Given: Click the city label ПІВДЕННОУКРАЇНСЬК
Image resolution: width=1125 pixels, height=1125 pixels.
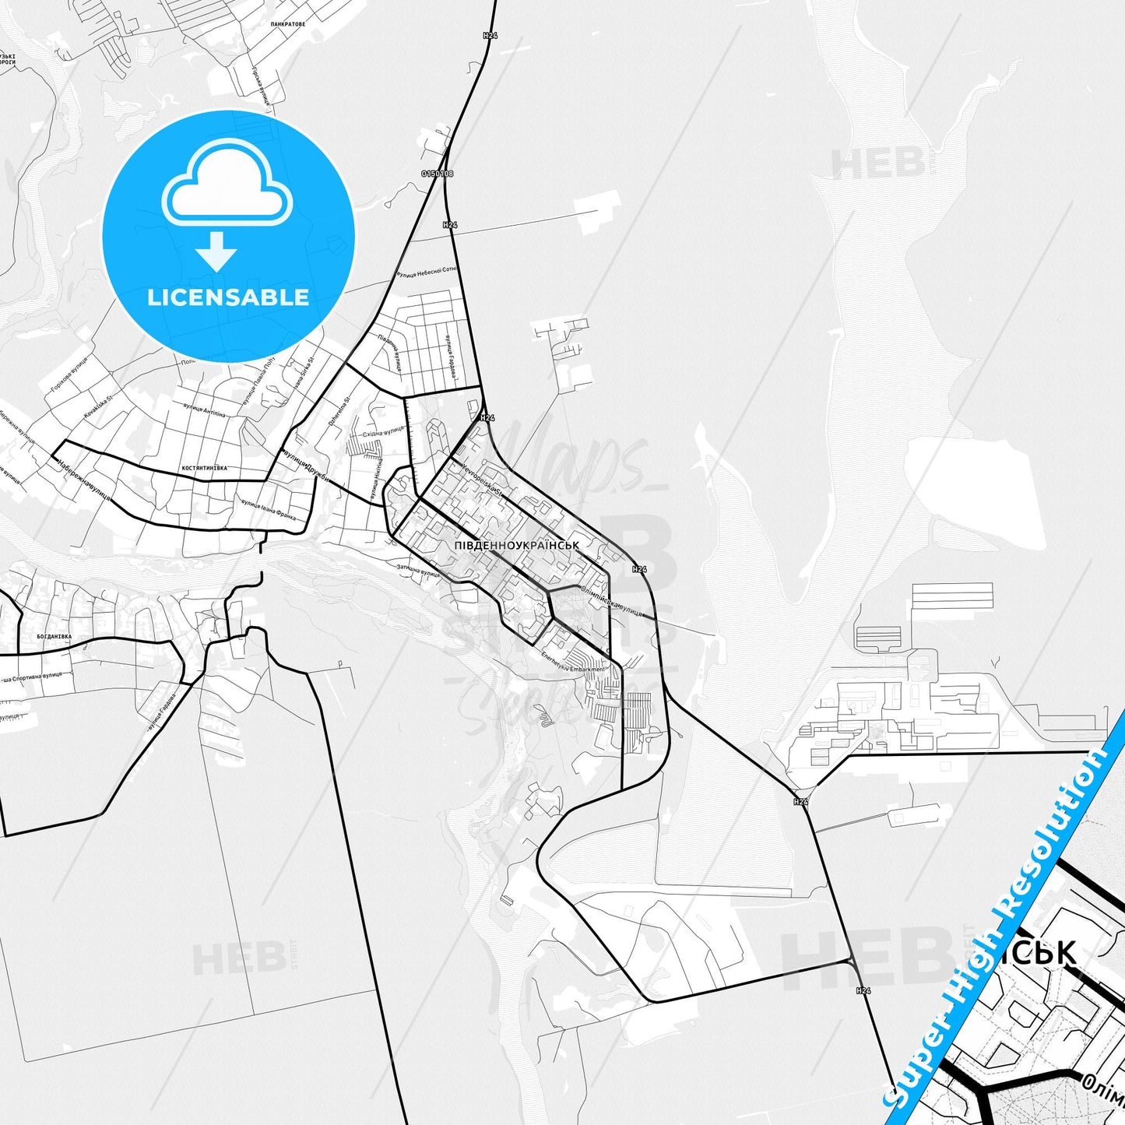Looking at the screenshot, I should tap(516, 546).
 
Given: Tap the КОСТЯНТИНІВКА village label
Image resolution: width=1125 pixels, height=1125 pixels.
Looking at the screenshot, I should tap(204, 468).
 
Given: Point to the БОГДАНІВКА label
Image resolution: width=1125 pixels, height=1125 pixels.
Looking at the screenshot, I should tap(54, 636).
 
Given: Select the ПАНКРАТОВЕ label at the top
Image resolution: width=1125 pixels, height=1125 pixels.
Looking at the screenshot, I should tap(288, 24).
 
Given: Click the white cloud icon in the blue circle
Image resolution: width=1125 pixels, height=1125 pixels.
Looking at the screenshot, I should tap(227, 183).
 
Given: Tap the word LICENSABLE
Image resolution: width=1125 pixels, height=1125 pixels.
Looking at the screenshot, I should tap(228, 297).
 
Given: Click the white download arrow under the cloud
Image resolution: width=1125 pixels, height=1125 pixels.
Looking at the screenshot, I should tap(216, 251).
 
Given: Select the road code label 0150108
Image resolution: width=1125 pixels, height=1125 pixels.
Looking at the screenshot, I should tap(437, 174).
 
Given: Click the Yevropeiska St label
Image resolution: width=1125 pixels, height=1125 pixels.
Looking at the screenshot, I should tap(483, 480).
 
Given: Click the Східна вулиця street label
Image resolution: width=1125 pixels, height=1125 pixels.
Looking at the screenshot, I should tap(385, 431).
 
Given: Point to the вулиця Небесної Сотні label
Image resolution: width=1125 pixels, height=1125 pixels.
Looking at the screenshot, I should tap(427, 272).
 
